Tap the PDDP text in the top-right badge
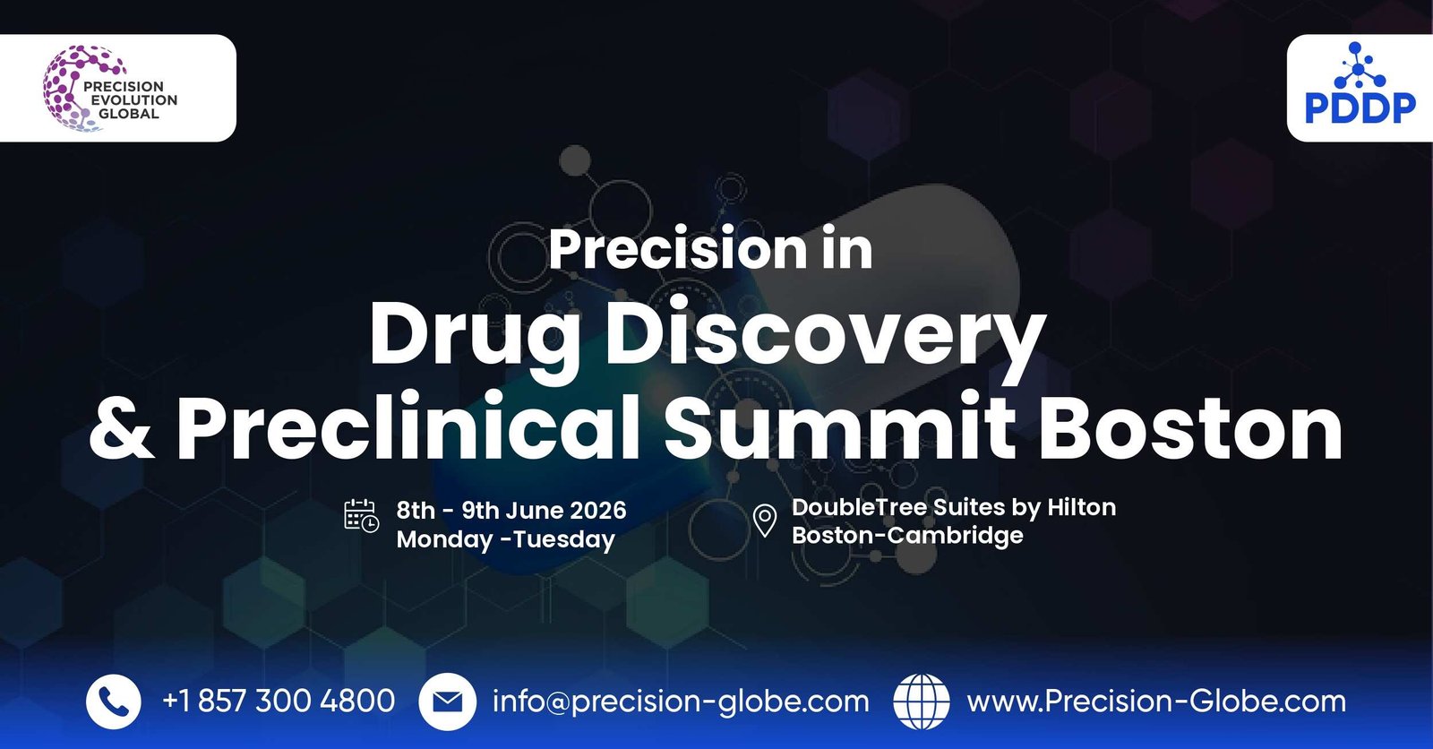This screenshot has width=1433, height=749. [1360, 108]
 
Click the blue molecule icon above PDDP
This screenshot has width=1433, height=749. [1359, 66]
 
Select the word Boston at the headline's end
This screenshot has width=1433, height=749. [1190, 427]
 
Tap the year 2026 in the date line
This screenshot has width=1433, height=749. [597, 511]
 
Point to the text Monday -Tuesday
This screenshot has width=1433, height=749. [506, 539]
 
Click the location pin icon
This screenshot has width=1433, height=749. [764, 521]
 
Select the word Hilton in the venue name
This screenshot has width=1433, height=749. [1081, 507]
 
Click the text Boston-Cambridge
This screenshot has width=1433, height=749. [907, 536]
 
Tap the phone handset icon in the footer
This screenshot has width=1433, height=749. [114, 702]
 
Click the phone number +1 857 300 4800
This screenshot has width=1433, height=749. [279, 701]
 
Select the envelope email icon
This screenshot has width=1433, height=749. [447, 702]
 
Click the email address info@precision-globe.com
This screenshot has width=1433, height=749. [681, 702]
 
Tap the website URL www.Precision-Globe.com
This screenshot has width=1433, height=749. [1156, 702]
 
